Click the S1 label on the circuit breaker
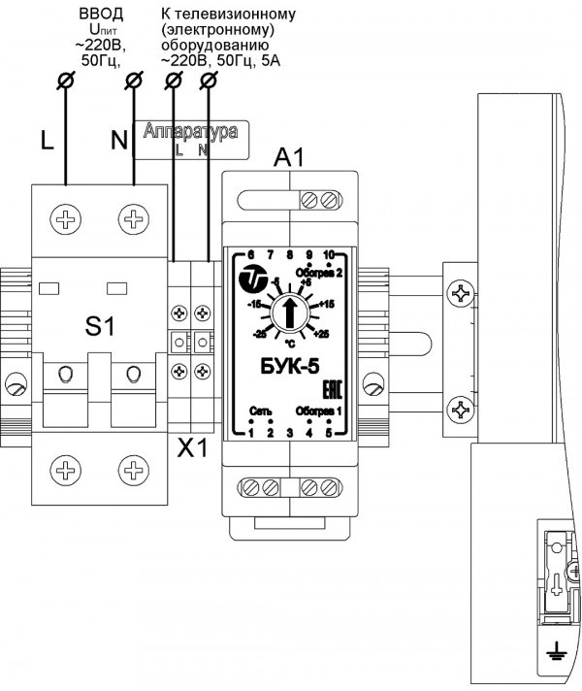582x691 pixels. pyautogui.click(x=99, y=327)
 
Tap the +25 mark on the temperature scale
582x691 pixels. pyautogui.click(x=322, y=333)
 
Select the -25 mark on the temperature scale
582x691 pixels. pyautogui.click(x=259, y=333)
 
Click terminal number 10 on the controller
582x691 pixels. pyautogui.click(x=329, y=255)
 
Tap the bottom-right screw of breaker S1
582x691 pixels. pyautogui.click(x=131, y=473)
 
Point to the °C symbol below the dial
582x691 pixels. pyautogui.click(x=289, y=343)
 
